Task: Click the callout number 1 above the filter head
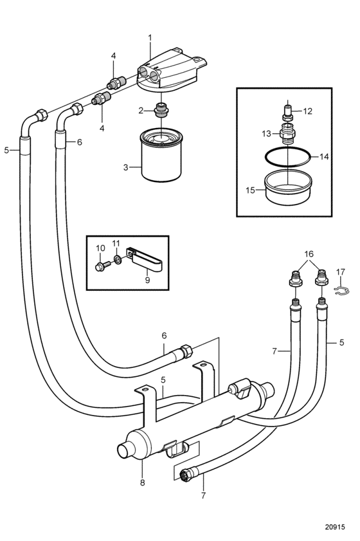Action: pos(150,38)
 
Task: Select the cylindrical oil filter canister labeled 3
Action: pos(161,155)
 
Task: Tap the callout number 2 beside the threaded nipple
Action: pos(141,111)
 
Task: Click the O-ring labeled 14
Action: pos(287,158)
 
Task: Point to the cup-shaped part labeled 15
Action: pos(288,187)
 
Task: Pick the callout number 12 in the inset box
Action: pos(307,111)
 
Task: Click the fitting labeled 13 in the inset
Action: pos(287,133)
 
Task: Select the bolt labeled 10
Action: pos(102,266)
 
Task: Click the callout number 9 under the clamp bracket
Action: pos(148,280)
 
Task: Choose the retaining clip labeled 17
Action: pos(343,290)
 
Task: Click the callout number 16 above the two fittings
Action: pos(309,254)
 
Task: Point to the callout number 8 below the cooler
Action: pos(143,482)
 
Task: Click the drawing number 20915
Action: pos(335,527)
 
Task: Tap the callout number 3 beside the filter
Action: pos(125,167)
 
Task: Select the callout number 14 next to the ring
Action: pos(324,157)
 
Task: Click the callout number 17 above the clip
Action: pos(340,272)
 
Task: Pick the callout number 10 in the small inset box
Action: pos(100,248)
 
